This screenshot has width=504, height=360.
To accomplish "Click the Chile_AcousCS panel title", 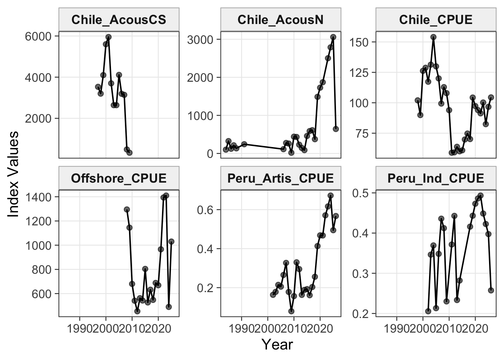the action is click(119, 20).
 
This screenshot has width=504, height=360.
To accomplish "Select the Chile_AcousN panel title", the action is click(280, 20).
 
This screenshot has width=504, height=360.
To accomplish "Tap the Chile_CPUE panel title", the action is click(436, 20).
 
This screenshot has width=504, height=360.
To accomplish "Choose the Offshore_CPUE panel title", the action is click(119, 178).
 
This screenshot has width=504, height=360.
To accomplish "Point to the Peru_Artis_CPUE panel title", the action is click(280, 178).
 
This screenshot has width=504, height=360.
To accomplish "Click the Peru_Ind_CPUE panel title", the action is click(436, 178).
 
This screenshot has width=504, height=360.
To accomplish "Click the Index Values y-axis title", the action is click(13, 174).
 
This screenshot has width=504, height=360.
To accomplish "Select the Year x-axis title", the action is click(277, 345).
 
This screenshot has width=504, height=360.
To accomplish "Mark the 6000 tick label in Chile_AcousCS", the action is click(39, 36).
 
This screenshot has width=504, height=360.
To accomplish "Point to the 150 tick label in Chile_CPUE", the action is click(359, 42).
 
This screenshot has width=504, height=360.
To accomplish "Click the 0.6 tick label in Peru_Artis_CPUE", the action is click(205, 210).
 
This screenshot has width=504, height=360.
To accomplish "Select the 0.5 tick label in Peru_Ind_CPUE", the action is click(360, 193).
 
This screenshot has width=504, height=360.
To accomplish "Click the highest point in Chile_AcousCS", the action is click(109, 37).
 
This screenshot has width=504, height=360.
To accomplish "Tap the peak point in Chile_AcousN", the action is click(333, 37).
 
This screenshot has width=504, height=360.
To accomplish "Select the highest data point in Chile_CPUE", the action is click(433, 37).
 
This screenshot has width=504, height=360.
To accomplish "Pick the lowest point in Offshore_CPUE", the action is click(137, 311).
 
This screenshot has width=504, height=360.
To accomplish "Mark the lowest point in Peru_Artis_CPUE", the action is click(291, 311).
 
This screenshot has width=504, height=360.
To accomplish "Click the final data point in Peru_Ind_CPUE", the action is click(491, 290).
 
